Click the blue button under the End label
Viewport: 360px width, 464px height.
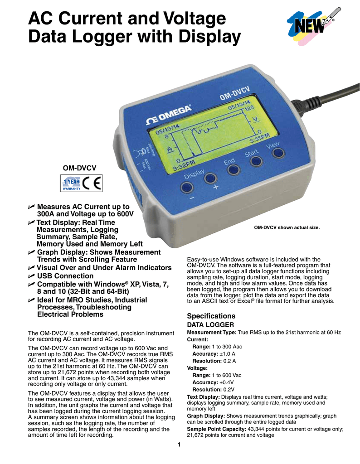click(233, 169)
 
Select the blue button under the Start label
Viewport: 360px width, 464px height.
click(256, 160)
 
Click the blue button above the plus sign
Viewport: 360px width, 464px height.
click(210, 178)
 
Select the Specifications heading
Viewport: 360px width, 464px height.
click(211, 316)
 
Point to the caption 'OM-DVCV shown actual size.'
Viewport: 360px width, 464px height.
click(287, 227)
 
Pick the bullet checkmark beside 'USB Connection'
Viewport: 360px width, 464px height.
click(31, 276)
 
